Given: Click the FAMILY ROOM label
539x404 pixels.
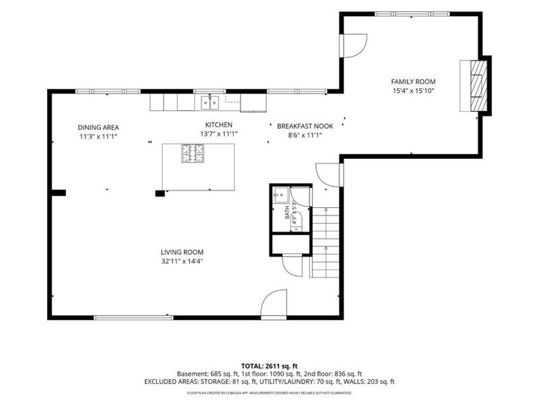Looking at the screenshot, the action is coord(413,81).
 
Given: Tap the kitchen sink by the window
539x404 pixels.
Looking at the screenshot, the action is coord(210,103).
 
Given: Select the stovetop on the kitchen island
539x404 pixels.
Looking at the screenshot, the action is coord(193,153).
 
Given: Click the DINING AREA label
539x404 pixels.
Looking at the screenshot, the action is coord(98,127).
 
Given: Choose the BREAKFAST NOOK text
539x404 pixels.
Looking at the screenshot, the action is coord(305,126).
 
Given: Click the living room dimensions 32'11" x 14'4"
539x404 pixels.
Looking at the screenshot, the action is coord(182,261).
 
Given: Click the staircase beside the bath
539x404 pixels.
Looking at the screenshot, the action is coord(325,242).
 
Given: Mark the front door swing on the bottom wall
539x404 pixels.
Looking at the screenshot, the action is coord(274,305).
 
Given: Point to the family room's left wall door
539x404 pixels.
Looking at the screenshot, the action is coord(353,45).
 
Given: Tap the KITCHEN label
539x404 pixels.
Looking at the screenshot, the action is coord(218,125).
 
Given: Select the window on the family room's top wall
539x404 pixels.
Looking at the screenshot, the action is coord(412,14).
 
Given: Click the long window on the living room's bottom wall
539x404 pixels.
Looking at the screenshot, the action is coord(133,318).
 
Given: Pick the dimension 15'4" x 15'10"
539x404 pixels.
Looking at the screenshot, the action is coord(414,91).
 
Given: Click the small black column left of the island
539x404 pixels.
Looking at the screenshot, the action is coord(160,193).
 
